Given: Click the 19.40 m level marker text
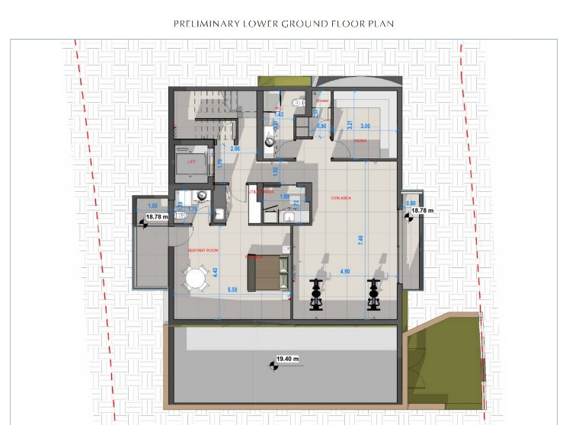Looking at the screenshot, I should click(287, 358).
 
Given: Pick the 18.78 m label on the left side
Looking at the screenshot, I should click(156, 217).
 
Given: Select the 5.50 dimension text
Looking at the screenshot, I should click(232, 290).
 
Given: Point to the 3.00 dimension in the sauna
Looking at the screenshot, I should click(365, 126).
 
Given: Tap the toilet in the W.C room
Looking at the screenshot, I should click(298, 101).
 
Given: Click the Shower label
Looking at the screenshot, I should click(322, 100).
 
